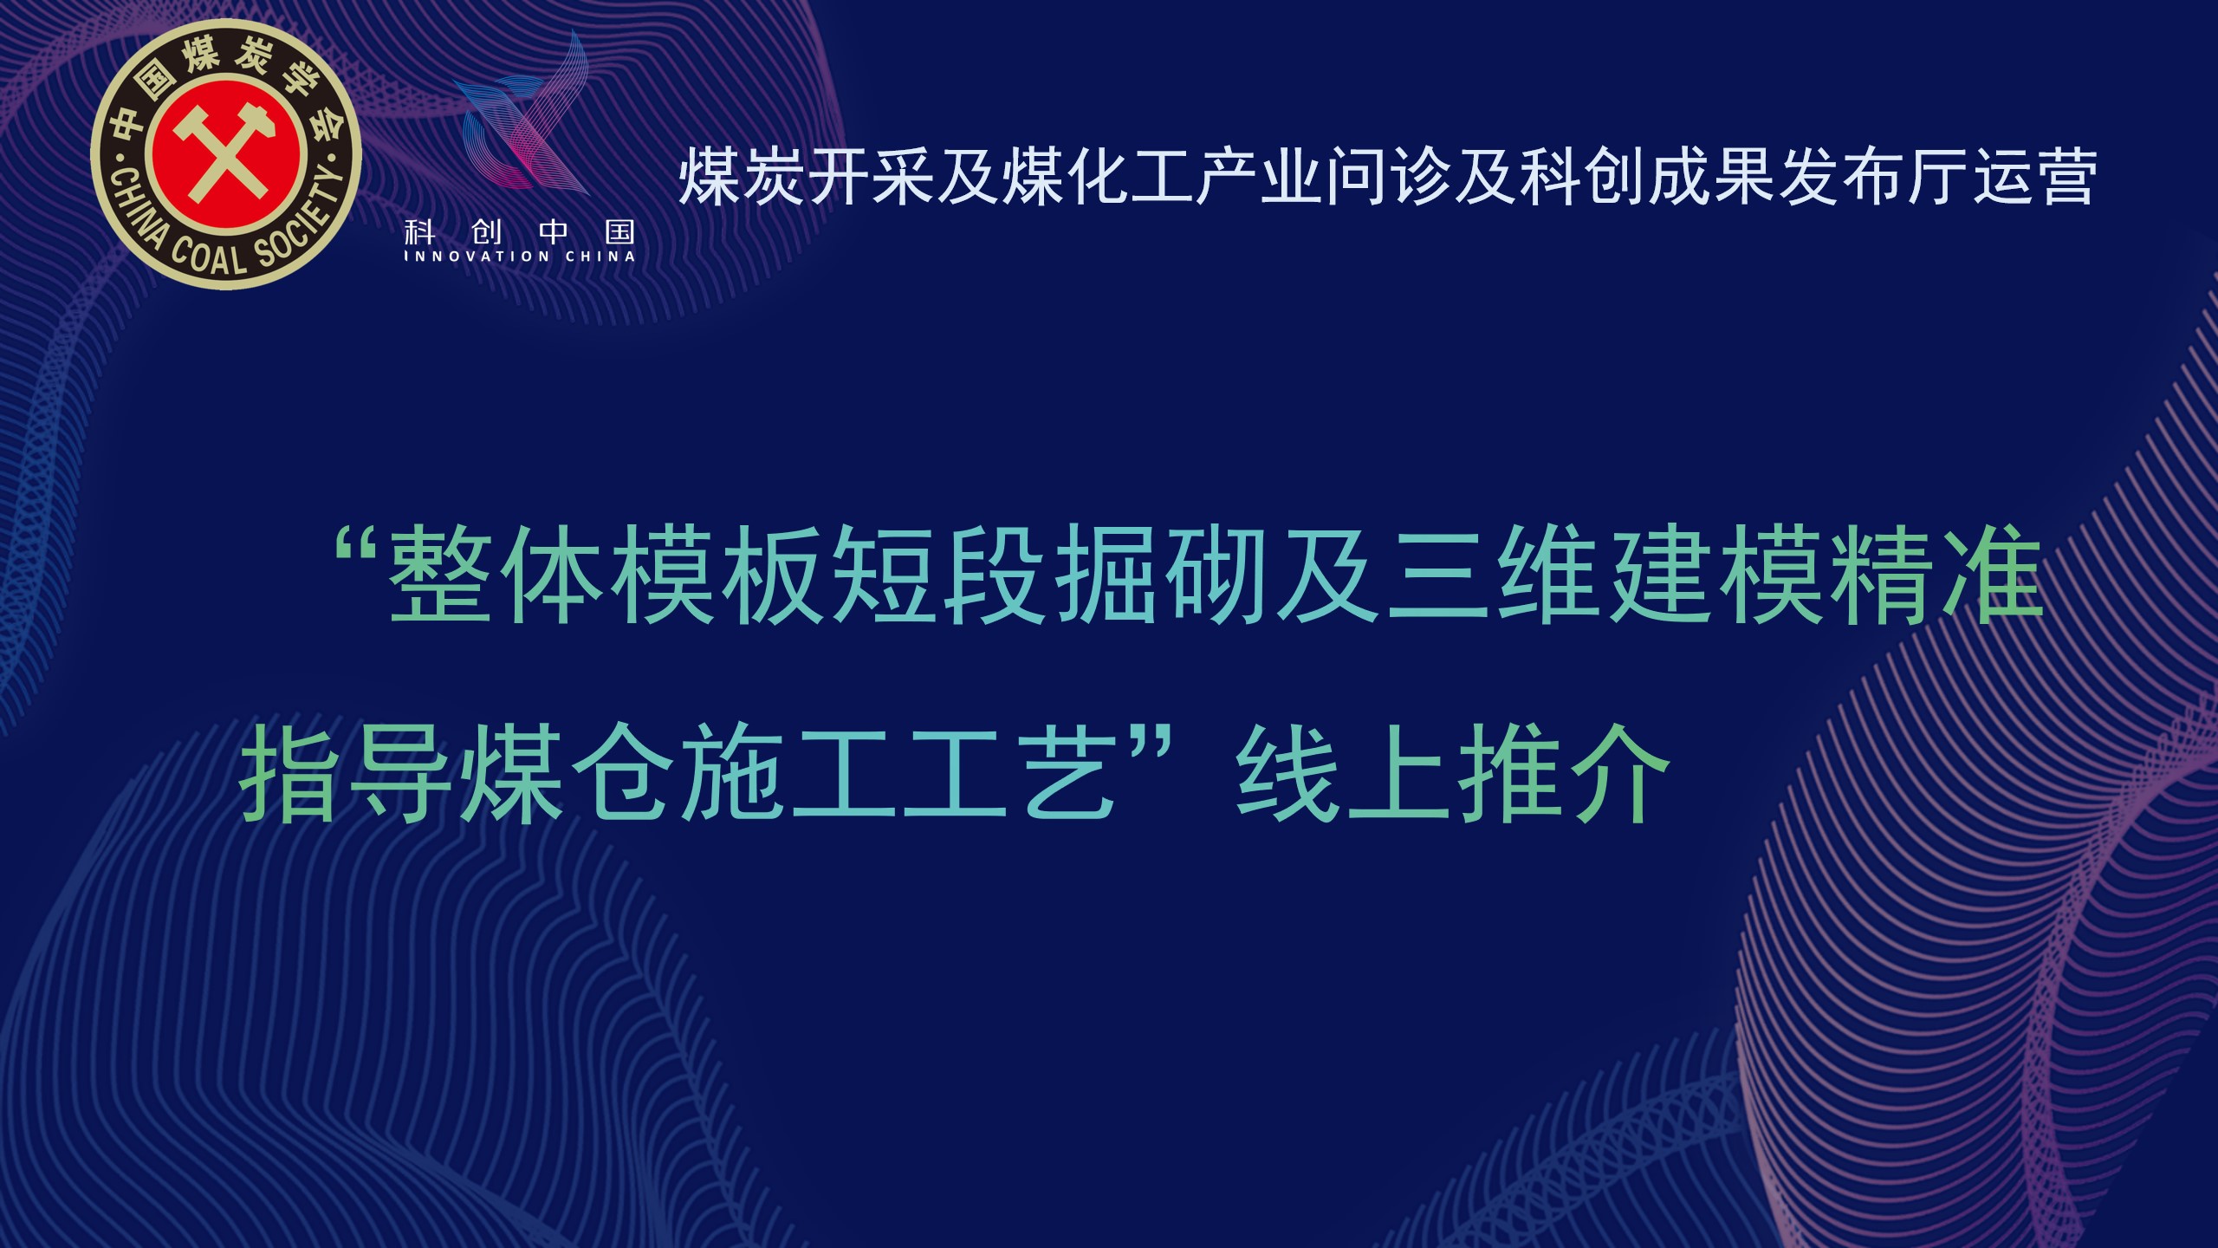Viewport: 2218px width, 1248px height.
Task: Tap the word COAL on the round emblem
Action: click(208, 257)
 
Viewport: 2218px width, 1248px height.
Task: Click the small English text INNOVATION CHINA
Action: click(520, 257)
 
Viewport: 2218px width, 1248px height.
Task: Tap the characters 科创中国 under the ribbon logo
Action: click(520, 231)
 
